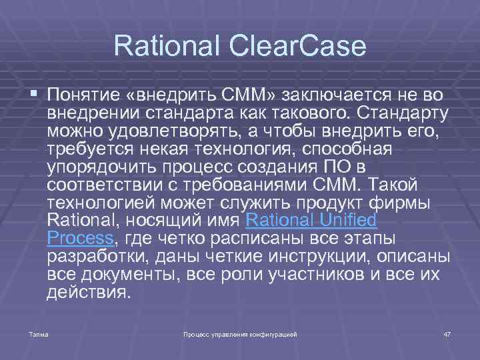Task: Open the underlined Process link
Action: [80, 238]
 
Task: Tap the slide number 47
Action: [447, 333]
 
